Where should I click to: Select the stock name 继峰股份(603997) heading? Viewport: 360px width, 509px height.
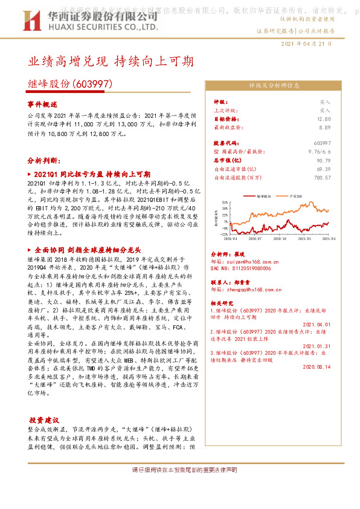[x=70, y=85]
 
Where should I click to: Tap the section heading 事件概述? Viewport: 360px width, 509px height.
[x=41, y=104]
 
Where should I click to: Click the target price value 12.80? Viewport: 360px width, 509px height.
[x=324, y=119]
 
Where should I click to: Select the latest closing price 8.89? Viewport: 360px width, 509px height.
[x=324, y=128]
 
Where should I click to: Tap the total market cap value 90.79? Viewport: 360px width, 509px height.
[x=323, y=161]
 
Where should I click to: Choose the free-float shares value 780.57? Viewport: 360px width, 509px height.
[x=321, y=178]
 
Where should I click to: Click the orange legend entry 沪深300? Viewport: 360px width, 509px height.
[x=295, y=196]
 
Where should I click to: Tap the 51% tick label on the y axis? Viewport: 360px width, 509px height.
[x=223, y=202]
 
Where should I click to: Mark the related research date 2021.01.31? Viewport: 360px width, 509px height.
[x=315, y=346]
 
